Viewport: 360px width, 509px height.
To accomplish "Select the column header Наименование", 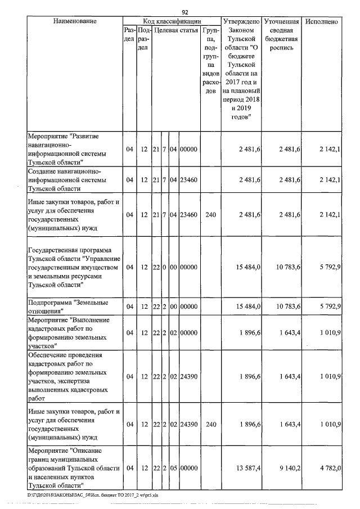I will [75, 21].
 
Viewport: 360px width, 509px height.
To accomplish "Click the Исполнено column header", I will [321, 21].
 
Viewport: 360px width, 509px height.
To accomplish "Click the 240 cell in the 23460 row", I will [209, 215].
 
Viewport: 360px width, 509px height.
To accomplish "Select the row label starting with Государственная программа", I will [73, 267].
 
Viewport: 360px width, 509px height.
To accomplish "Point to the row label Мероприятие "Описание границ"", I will [73, 468].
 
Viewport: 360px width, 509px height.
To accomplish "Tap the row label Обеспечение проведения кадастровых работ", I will [73, 376].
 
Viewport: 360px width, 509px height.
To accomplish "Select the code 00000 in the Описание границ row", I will [188, 468].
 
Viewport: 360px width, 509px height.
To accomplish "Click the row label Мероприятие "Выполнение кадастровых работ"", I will [73, 332].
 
